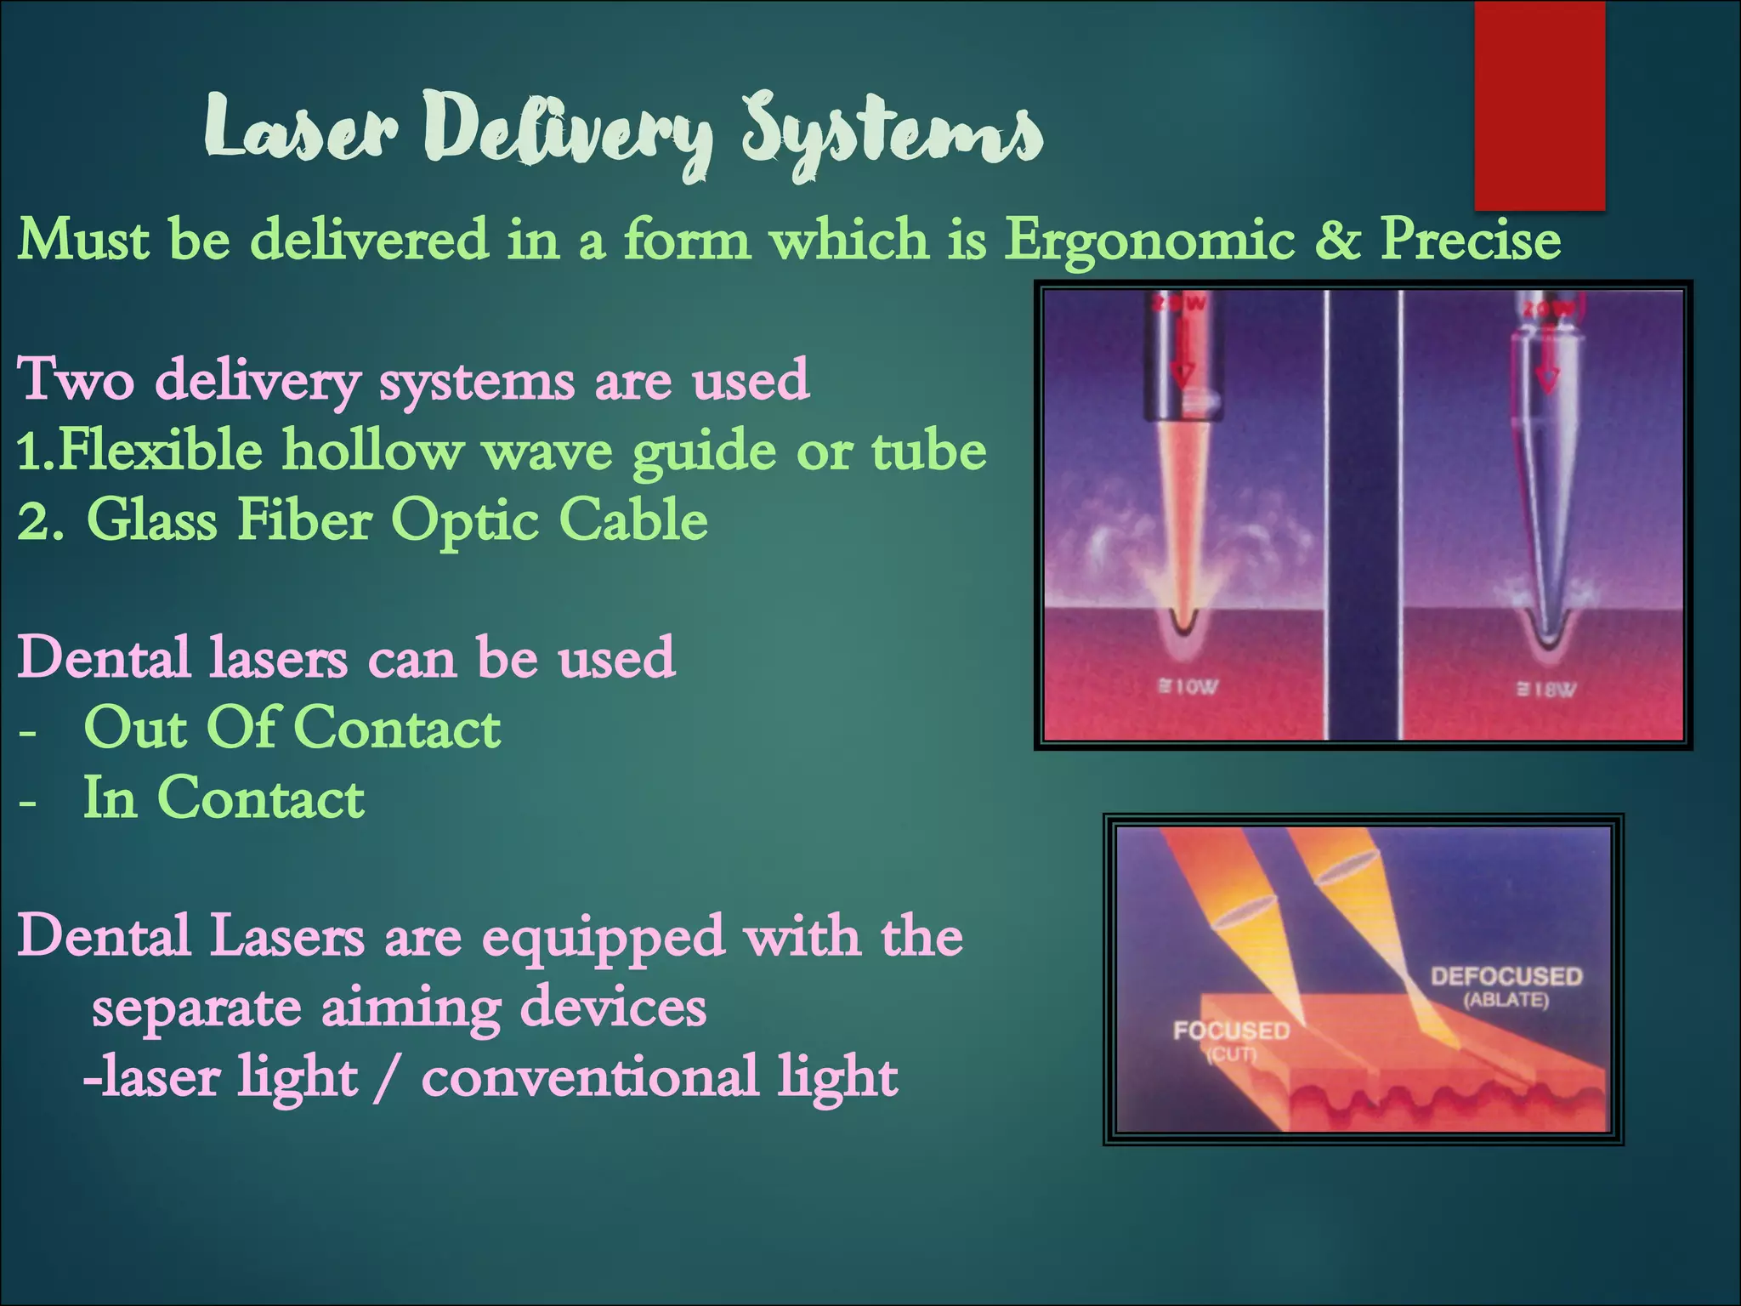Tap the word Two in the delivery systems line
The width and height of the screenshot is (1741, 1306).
click(x=76, y=379)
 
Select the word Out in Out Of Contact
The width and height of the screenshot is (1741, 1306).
click(x=136, y=728)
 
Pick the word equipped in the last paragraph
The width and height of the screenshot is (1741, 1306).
click(x=603, y=937)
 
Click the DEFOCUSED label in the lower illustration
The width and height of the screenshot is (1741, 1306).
click(x=1506, y=976)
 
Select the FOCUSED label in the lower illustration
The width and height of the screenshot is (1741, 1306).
click(x=1231, y=1031)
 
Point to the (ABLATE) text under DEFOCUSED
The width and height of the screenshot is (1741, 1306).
click(x=1506, y=1000)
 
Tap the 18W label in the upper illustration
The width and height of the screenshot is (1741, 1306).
click(x=1547, y=690)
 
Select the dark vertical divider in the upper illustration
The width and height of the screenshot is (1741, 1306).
click(x=1364, y=514)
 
